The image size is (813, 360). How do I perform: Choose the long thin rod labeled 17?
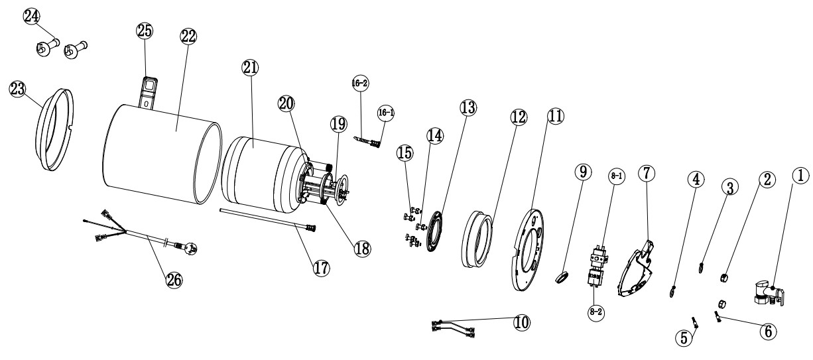tap(265, 219)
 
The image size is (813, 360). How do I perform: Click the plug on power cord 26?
tap(189, 249)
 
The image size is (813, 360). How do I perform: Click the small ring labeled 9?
tap(562, 275)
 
